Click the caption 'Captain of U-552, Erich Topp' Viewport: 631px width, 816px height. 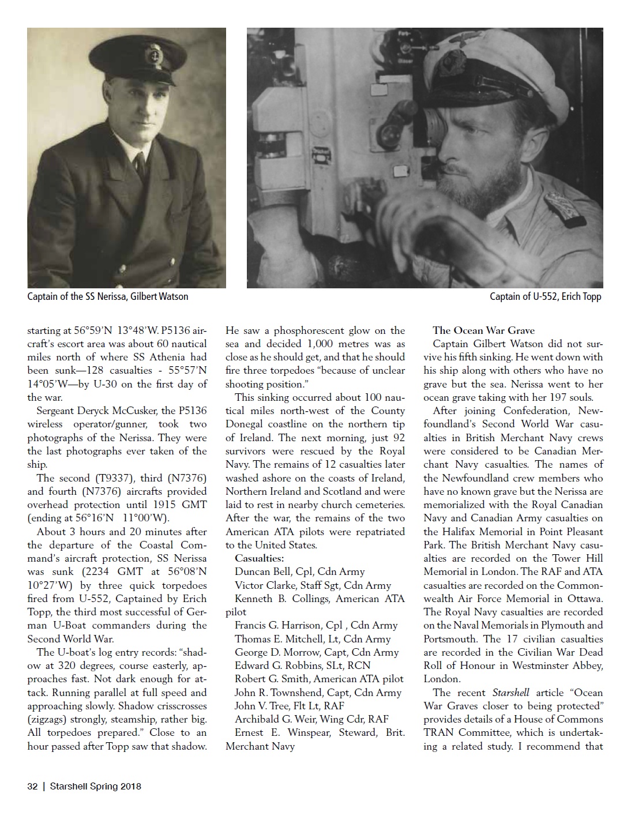point(545,296)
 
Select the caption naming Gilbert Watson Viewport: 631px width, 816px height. point(108,296)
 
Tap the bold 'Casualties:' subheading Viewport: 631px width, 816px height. point(259,558)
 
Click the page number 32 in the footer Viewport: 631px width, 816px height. point(32,786)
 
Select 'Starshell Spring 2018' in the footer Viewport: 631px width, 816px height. point(95,786)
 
